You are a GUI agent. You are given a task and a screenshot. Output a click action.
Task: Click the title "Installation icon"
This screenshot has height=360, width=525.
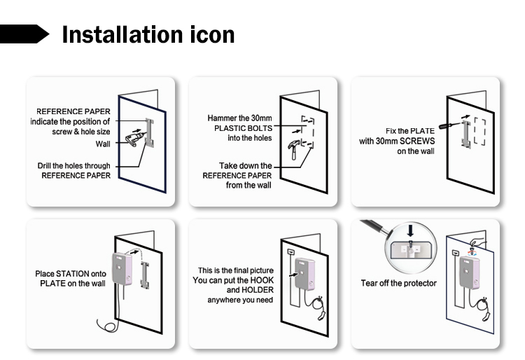(148, 34)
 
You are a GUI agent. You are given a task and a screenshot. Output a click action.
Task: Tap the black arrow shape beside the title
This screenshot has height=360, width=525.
(26, 34)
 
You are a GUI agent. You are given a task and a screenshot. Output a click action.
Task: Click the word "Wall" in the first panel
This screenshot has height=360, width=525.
(103, 145)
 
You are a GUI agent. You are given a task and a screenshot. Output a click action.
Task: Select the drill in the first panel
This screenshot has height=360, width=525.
(137, 137)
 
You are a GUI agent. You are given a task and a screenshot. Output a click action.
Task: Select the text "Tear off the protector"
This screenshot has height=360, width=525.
(398, 283)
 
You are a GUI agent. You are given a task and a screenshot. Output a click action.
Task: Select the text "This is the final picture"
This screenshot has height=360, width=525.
(235, 270)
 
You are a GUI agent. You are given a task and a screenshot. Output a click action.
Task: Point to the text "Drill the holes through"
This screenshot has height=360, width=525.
(74, 166)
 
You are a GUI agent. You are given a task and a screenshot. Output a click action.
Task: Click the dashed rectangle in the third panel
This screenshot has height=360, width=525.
(479, 131)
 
